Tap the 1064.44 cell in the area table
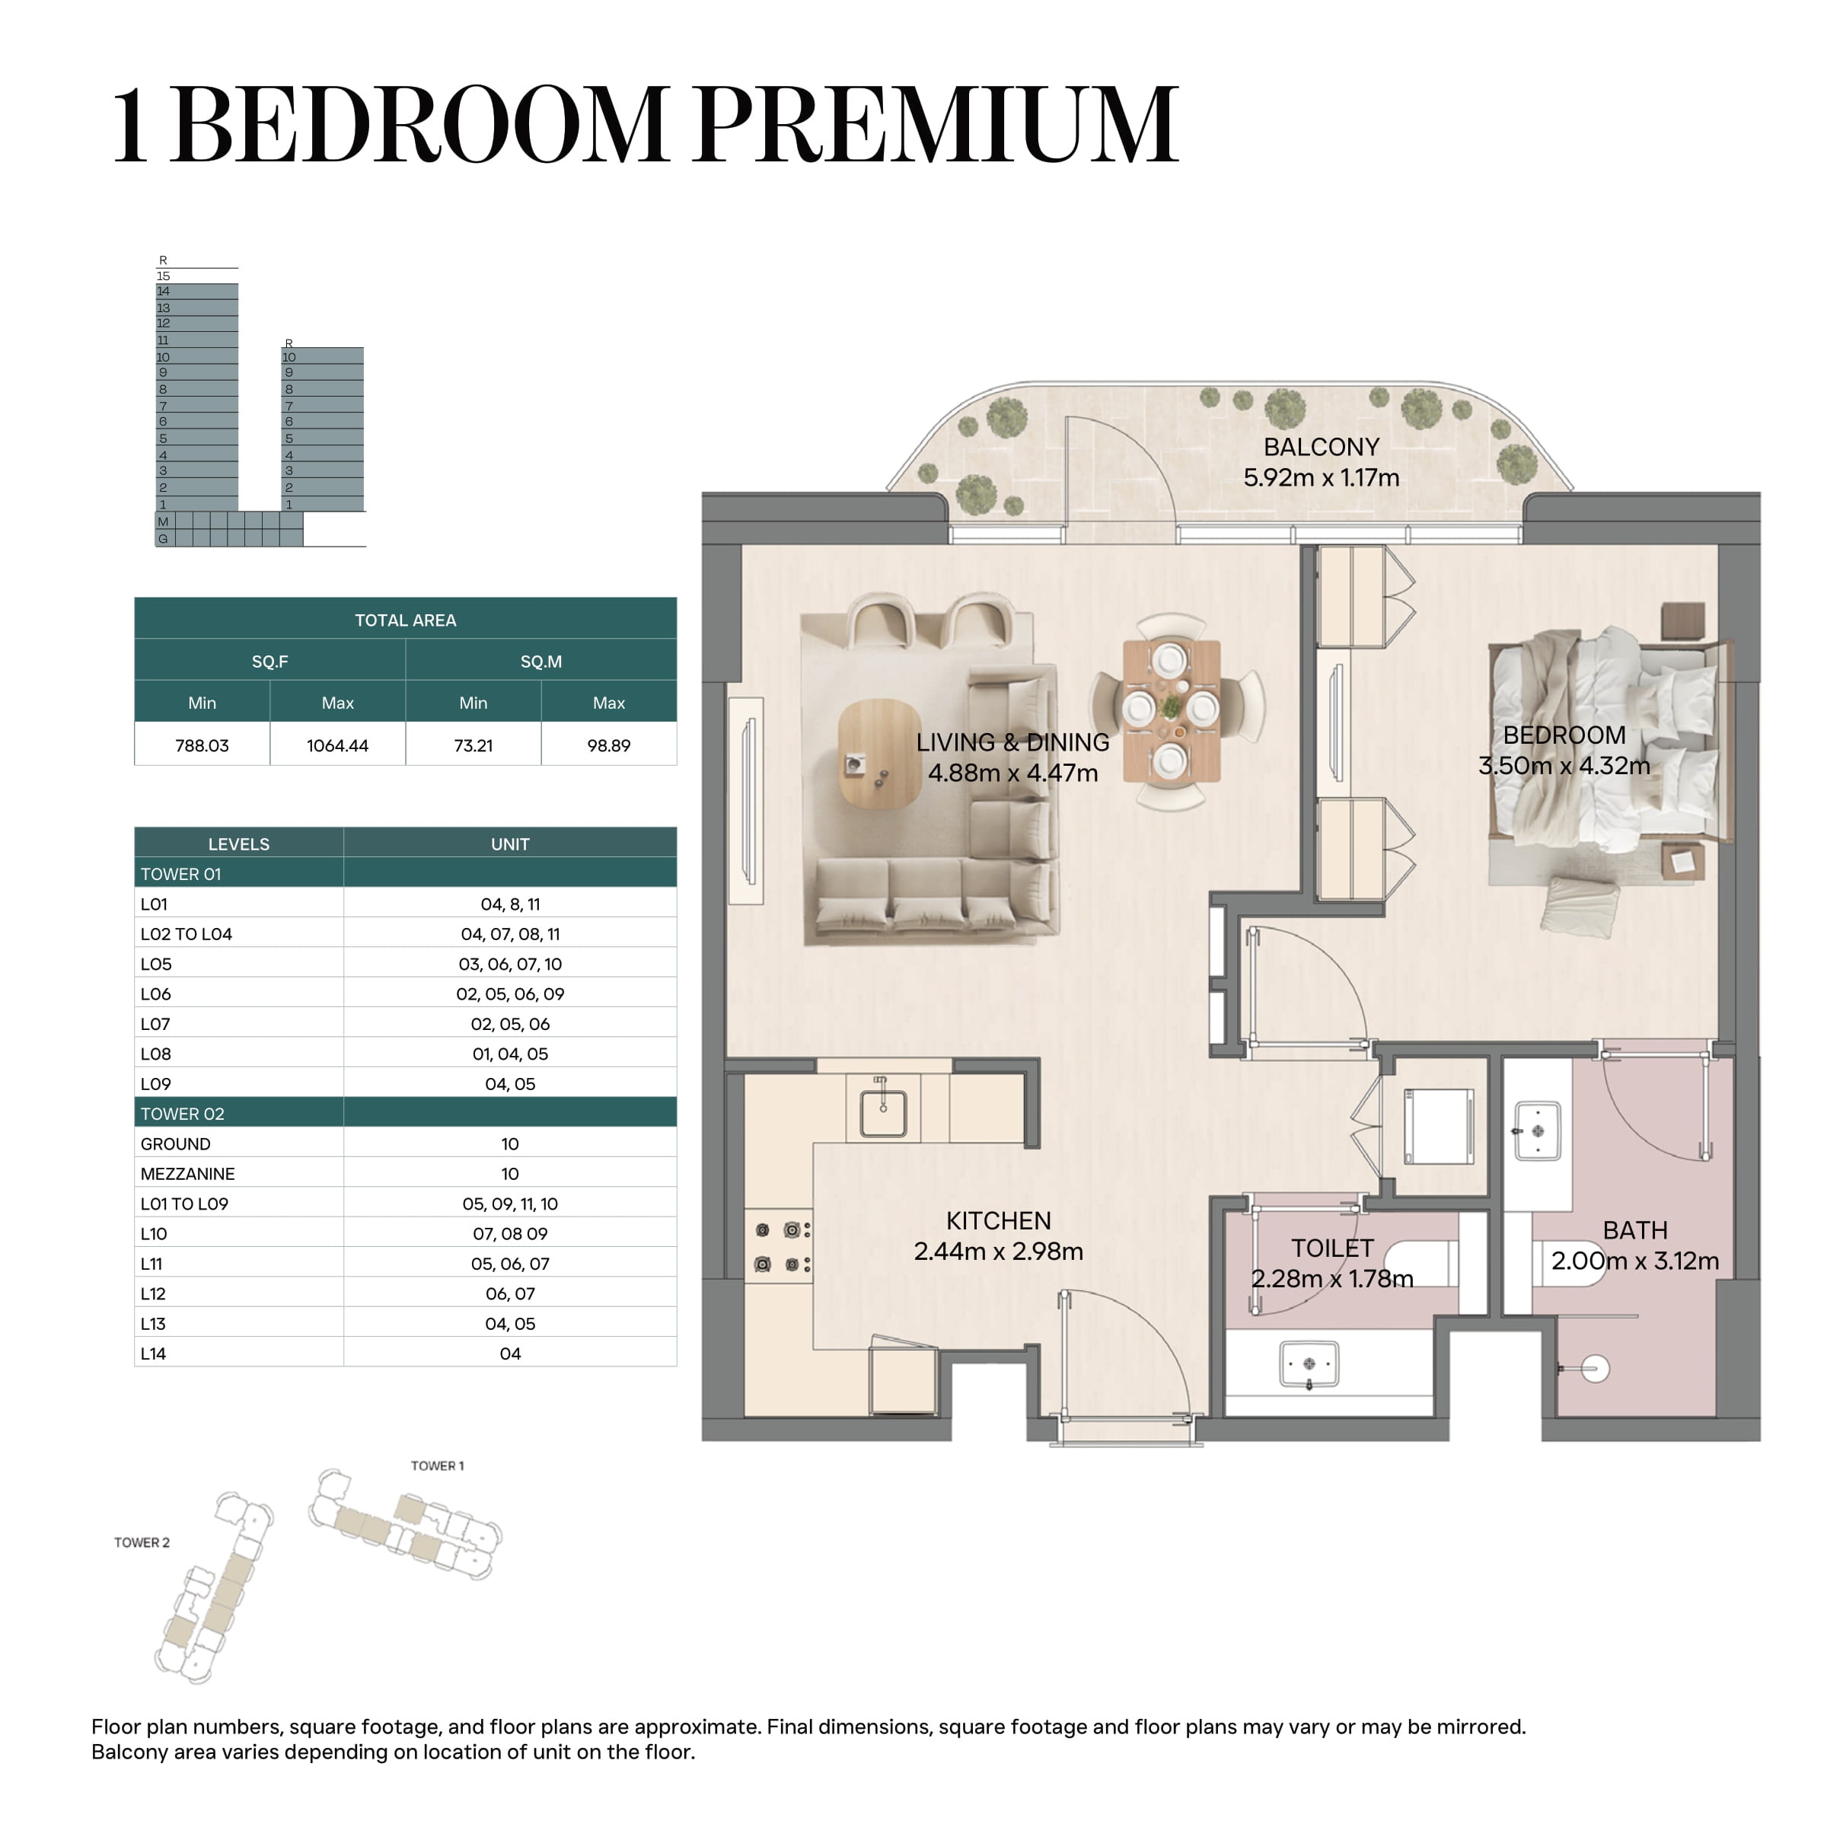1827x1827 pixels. (337, 745)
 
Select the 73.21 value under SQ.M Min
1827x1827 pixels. (473, 745)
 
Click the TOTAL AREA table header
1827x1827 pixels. (405, 620)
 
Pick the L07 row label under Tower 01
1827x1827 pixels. (155, 1023)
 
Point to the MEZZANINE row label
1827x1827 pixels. (187, 1174)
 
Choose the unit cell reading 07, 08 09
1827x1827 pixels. (510, 1233)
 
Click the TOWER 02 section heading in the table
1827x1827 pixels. (183, 1113)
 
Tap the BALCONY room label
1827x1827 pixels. (1321, 446)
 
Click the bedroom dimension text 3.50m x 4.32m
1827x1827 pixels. (1564, 765)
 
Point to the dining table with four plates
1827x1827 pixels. (1172, 711)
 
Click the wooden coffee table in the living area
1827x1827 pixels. (879, 754)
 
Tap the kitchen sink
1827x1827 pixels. (883, 1113)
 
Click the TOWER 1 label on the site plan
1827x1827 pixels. (437, 1465)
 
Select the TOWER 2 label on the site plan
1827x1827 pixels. (142, 1542)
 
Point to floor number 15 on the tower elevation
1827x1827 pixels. (163, 276)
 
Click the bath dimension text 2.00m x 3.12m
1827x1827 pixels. (1635, 1261)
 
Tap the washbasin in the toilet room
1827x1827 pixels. (1309, 1363)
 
